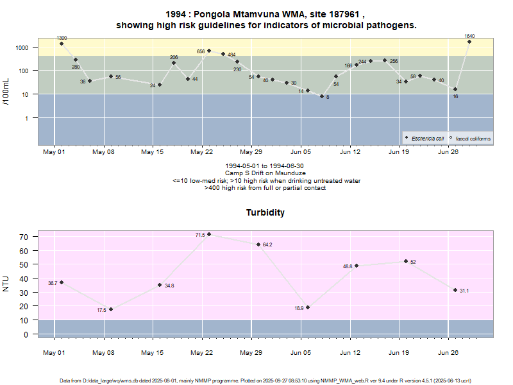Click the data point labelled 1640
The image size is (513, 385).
point(469,42)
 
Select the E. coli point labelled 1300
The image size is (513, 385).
point(62,44)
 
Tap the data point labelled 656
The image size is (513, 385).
point(209,51)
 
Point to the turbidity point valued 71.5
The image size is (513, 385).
point(209,234)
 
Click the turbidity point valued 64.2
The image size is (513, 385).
point(258,244)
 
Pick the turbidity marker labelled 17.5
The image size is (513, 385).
point(111,309)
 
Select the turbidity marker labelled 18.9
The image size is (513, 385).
point(308,307)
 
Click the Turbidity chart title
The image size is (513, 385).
point(265,212)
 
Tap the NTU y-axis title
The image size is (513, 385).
point(6,283)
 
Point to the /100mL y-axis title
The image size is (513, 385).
point(6,91)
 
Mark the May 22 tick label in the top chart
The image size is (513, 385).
point(201,152)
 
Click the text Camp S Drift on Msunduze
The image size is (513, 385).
point(266,173)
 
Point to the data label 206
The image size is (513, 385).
point(174,58)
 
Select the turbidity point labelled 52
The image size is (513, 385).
point(406,261)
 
